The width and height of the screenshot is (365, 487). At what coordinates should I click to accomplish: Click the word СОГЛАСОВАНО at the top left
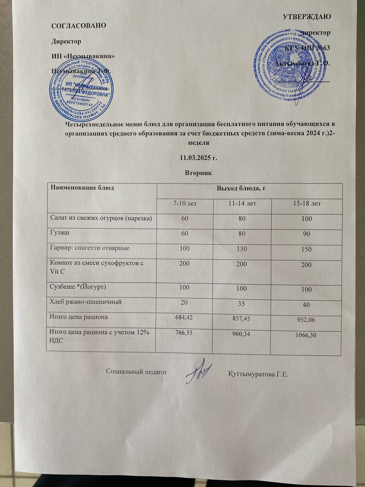point(79,26)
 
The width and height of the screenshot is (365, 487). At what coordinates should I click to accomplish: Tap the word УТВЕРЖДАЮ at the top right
point(307,16)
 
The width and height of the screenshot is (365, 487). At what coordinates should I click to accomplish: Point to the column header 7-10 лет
point(185,203)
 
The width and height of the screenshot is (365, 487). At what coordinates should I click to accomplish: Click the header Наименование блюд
point(82,188)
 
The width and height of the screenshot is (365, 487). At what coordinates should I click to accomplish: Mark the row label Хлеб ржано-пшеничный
point(86,302)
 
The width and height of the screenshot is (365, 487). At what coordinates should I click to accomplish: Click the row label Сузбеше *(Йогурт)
point(78,287)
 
